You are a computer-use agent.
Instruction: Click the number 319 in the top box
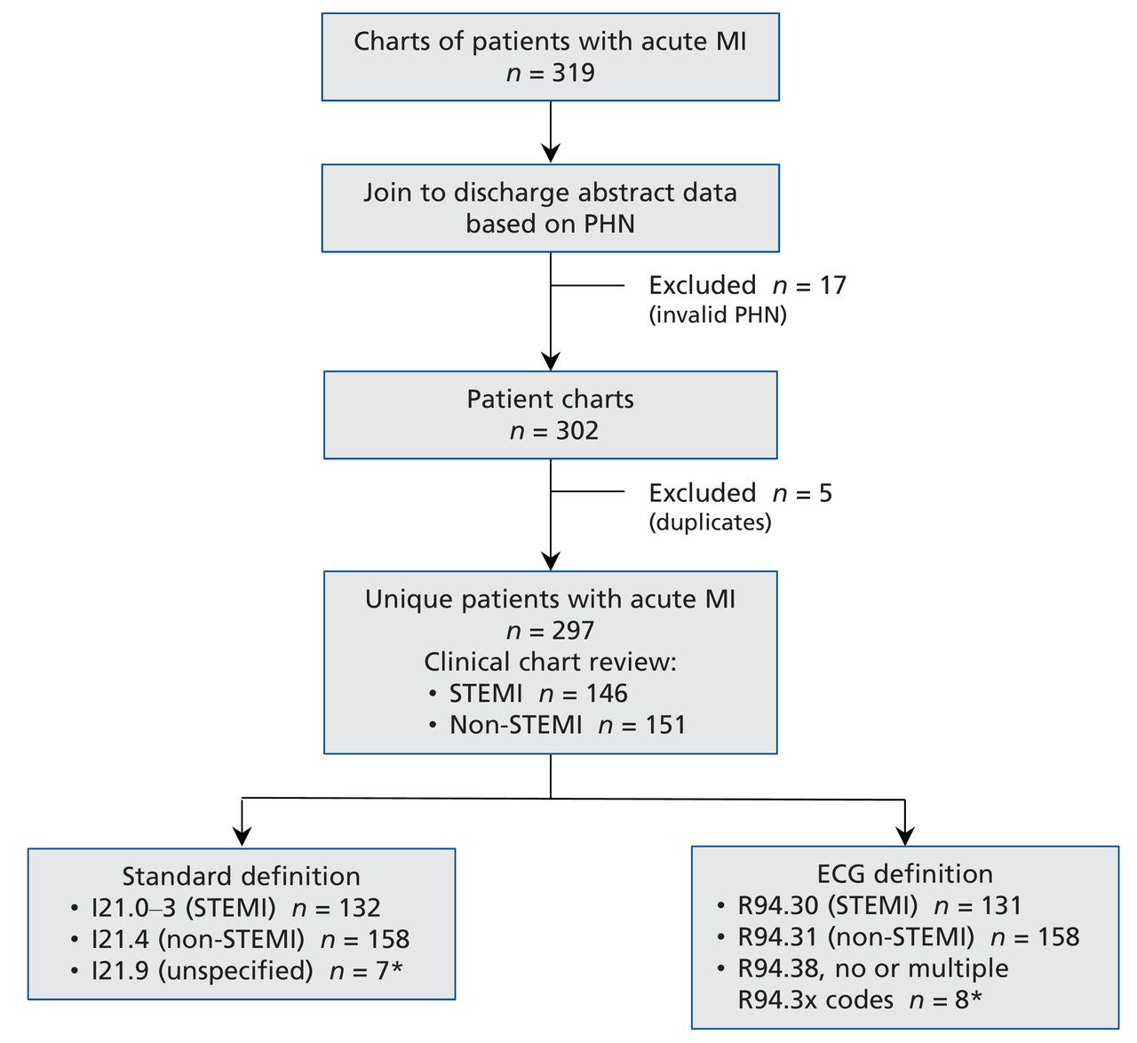point(573,73)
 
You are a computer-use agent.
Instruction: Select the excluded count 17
point(832,285)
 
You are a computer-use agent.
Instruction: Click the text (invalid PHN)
point(718,315)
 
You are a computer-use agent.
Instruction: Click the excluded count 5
point(825,493)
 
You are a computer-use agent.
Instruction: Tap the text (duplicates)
point(710,522)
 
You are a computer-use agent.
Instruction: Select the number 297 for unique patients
point(573,631)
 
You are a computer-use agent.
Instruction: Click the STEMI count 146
point(607,693)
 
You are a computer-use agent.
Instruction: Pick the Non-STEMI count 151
point(665,725)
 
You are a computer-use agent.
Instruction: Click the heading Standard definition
point(241,876)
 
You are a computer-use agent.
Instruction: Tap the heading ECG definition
point(904,874)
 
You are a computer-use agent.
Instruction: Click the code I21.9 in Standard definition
point(120,971)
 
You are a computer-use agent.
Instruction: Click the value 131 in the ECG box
point(1001,905)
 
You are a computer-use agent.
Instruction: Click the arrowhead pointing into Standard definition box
point(242,836)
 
